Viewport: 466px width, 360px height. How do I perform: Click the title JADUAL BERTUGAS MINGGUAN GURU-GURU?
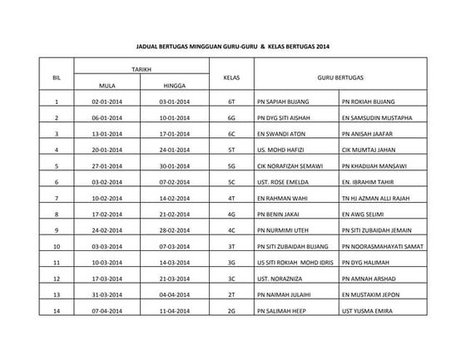coord(232,47)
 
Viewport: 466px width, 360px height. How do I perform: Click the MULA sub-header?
coord(107,85)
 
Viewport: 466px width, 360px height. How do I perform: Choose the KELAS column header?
coord(232,77)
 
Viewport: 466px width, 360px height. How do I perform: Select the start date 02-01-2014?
coord(107,102)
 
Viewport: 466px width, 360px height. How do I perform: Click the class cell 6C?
coord(232,133)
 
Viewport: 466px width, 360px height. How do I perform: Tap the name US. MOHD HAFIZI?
coord(280,150)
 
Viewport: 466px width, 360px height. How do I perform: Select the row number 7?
coord(57,198)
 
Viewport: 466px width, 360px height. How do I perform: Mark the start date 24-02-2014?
coord(107,229)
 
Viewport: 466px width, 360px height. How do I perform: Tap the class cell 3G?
coord(232,262)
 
